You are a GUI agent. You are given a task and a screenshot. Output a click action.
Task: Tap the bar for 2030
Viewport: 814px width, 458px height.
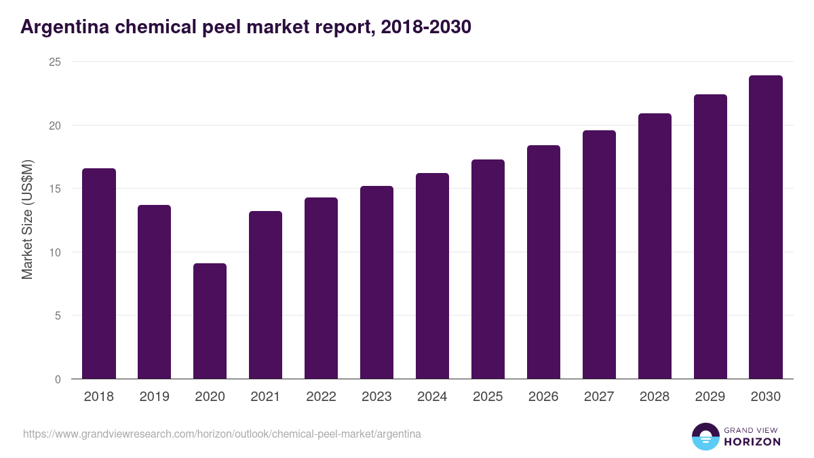(766, 227)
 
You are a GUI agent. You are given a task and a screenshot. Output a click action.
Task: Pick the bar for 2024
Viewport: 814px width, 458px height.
(432, 276)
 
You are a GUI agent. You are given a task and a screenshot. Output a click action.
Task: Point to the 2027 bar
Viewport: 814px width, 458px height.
(599, 254)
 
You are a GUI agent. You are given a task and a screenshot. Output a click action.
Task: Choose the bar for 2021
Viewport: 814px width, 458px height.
(265, 295)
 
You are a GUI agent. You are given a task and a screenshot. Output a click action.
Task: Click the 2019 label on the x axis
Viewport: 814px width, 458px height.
(154, 397)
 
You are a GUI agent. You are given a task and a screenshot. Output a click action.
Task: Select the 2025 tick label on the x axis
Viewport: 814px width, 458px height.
(488, 397)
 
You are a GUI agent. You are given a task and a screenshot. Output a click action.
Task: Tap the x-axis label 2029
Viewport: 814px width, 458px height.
(710, 397)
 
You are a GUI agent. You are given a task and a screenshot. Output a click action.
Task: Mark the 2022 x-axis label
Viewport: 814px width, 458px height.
(321, 397)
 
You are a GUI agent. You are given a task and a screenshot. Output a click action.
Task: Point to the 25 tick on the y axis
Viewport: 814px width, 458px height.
(54, 62)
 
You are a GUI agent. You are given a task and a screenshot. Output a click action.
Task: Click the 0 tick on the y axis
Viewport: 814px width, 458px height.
(58, 379)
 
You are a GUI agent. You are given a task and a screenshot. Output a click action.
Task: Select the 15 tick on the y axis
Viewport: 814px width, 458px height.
(54, 189)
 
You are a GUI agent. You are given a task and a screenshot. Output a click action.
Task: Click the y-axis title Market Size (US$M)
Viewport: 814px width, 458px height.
(28, 220)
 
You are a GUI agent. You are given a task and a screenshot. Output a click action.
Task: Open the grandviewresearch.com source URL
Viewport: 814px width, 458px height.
(222, 434)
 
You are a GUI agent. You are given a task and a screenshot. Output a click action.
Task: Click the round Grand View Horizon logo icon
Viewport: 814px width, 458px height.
(705, 436)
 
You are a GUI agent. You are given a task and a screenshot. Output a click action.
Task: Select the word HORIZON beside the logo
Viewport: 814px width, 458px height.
(752, 442)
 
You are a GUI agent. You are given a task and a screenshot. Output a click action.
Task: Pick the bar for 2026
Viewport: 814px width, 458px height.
(543, 262)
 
